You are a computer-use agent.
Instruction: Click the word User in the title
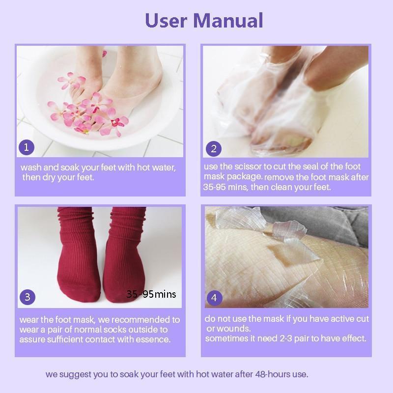[x=167, y=21]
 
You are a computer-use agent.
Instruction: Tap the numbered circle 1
[x=27, y=147]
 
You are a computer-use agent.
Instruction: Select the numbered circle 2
[x=213, y=148]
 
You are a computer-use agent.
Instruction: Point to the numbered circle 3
[x=28, y=296]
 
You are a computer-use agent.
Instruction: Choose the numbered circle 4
[x=214, y=297]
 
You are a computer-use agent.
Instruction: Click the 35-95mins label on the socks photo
[x=151, y=294]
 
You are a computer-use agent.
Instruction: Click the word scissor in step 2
[x=250, y=167]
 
